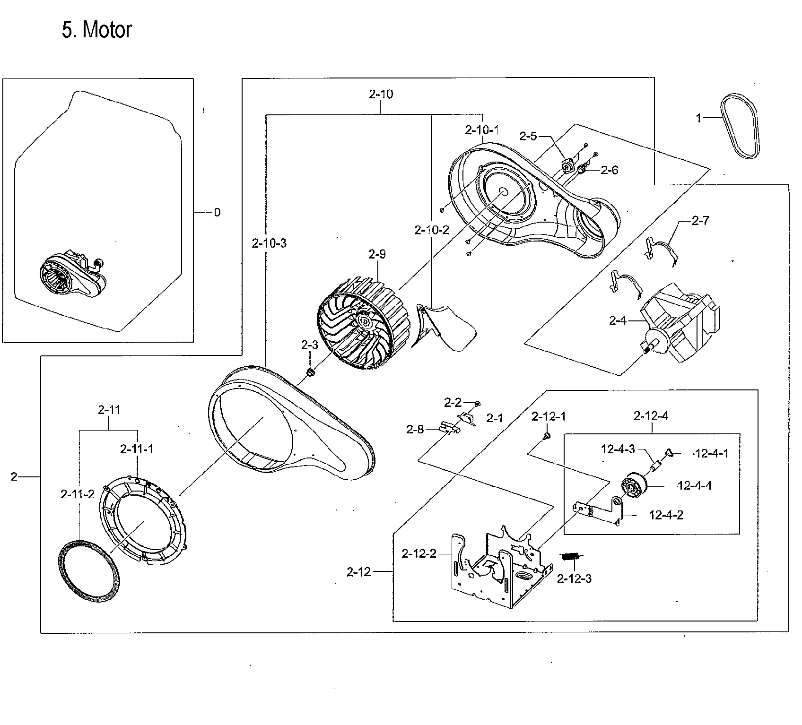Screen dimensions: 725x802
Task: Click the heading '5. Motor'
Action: pos(96,30)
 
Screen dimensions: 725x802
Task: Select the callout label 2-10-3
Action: pos(269,243)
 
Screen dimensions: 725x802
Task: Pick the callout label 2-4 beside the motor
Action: pos(618,321)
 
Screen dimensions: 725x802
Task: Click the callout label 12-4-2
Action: pos(666,515)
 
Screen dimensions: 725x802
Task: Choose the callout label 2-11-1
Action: pos(137,449)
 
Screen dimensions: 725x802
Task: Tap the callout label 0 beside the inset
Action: pos(217,212)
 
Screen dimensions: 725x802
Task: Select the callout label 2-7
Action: pos(700,220)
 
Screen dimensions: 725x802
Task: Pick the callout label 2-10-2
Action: pos(431,230)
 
